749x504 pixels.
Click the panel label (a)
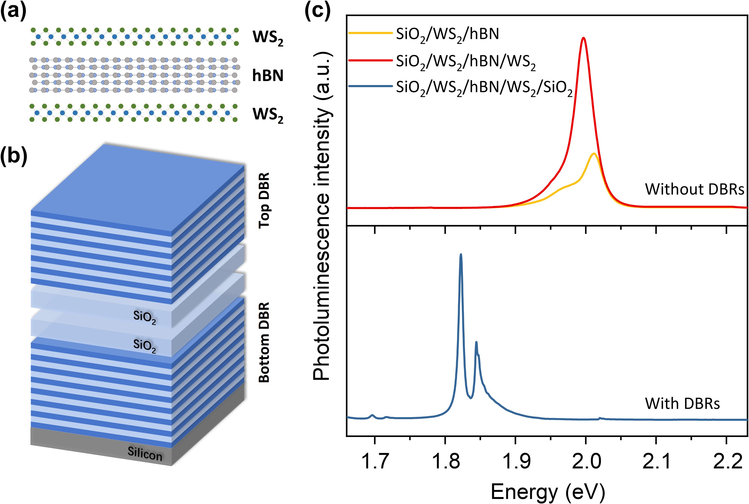[x=13, y=12]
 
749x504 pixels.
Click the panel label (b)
[x=14, y=156]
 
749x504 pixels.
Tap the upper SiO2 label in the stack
[x=145, y=317]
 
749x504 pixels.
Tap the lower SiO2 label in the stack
[x=145, y=346]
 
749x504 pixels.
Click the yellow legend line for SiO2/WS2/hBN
[x=370, y=33]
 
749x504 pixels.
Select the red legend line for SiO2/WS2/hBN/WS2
[x=370, y=60]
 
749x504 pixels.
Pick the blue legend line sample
[x=370, y=86]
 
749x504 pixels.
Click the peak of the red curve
[x=583, y=38]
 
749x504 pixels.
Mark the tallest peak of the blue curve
[x=461, y=255]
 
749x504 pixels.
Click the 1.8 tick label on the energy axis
[x=445, y=461]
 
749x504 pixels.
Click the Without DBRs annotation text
[x=694, y=189]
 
